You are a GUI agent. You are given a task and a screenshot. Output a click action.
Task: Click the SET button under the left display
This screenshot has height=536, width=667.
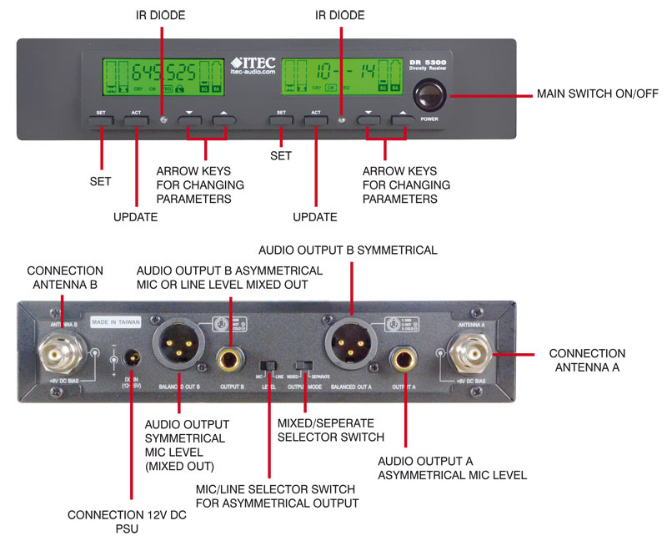[x=100, y=119]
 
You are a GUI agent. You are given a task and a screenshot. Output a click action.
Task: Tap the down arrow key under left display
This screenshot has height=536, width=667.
[x=189, y=119]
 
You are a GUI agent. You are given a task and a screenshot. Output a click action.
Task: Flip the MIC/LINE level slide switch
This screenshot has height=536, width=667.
[x=268, y=367]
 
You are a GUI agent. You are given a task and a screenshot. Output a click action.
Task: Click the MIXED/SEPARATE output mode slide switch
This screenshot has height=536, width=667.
[x=305, y=367]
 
